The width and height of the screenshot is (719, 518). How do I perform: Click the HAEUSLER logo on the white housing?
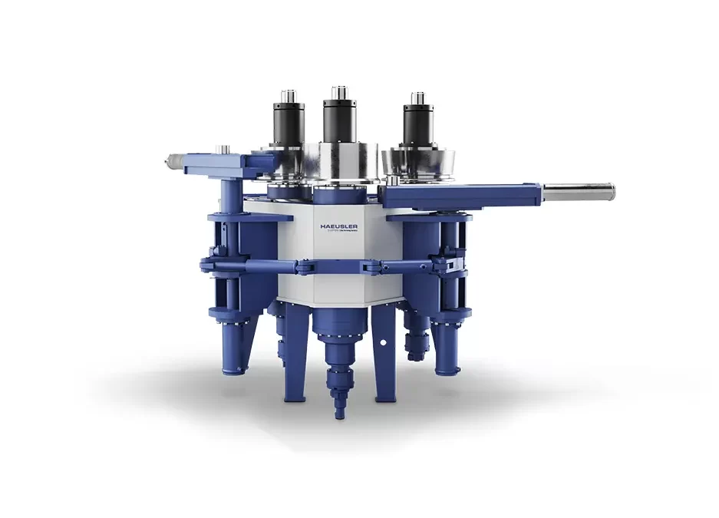[338, 227]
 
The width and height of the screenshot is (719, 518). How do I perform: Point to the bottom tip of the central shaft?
[336, 414]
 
